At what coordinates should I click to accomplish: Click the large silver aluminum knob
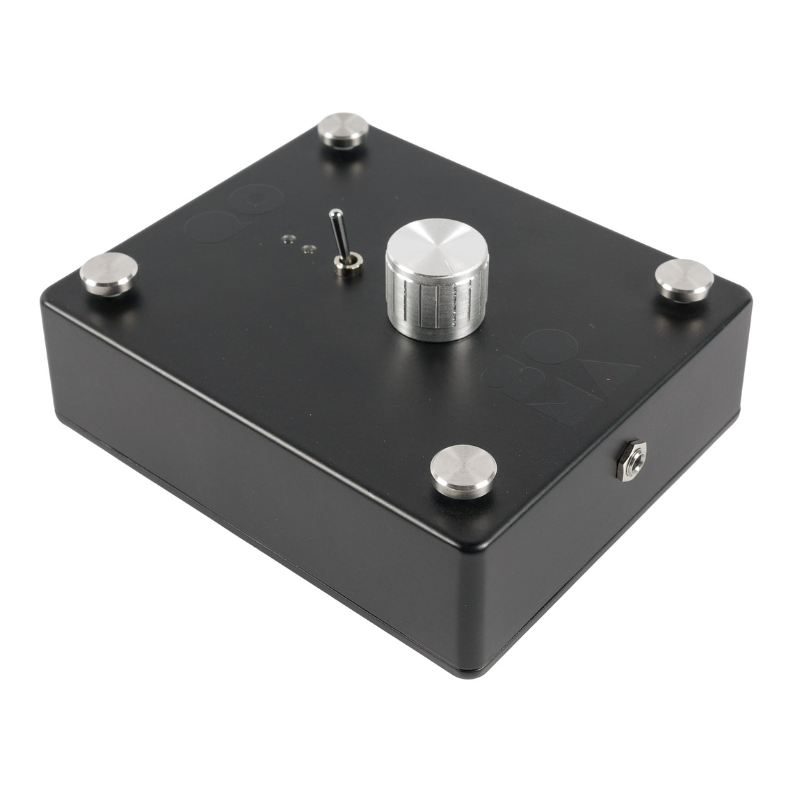(x=437, y=285)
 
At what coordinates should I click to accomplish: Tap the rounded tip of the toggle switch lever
(x=335, y=214)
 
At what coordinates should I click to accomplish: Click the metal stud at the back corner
(x=343, y=129)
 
